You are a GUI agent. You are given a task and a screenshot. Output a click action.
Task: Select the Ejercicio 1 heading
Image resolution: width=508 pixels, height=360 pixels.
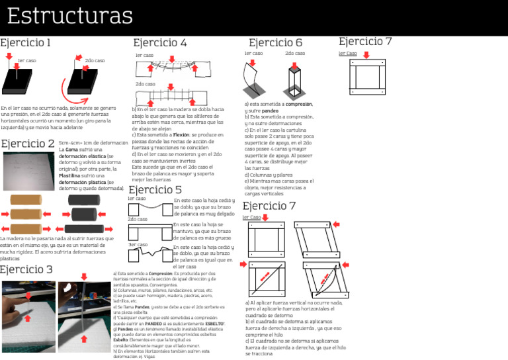(26, 43)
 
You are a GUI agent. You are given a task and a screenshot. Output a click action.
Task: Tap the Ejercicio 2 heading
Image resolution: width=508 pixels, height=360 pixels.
(28, 144)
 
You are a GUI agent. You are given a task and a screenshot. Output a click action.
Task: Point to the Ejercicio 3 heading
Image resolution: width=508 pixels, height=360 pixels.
(27, 269)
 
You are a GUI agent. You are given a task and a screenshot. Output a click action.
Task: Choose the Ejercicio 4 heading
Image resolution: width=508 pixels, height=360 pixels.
(159, 43)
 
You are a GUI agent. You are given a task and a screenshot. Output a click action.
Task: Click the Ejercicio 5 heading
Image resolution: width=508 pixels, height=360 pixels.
(155, 189)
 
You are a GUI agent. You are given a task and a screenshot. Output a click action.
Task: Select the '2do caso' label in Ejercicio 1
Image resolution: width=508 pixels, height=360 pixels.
(95, 60)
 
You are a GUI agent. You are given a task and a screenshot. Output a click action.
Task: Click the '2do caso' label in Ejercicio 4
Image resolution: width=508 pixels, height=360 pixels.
(145, 84)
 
